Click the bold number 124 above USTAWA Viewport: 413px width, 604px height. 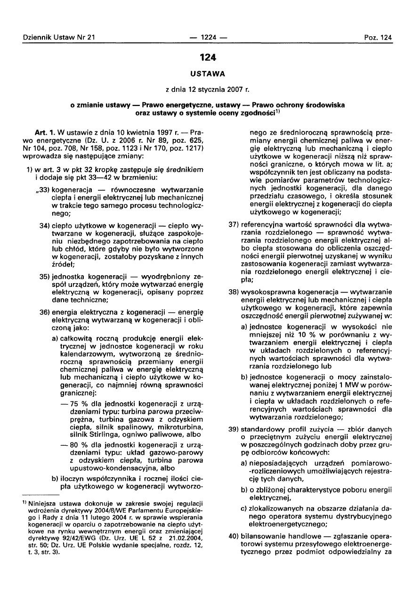point(207,57)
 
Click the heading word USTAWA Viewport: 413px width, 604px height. point(207,73)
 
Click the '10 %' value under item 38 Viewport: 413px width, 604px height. point(283,335)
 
